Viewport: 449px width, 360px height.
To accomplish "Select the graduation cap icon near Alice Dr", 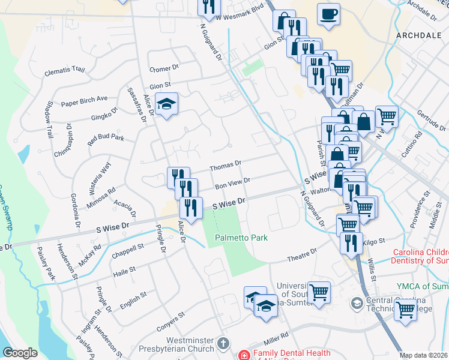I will coord(166,105).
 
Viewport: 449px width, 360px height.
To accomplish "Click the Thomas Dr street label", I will coord(225,163).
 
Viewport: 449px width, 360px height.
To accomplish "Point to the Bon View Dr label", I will coord(232,181).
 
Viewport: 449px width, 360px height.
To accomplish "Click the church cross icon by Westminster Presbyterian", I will coord(223,344).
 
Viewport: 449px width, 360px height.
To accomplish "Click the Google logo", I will coord(20,353).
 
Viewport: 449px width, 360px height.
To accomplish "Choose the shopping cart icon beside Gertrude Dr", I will coord(387,116).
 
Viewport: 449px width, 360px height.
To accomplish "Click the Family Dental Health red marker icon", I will coord(244,355).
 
